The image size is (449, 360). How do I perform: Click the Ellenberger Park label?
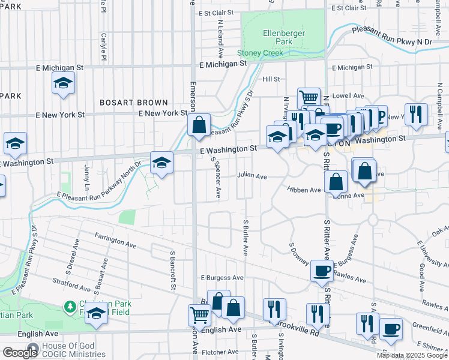[284, 37]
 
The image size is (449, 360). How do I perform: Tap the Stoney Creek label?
[260, 53]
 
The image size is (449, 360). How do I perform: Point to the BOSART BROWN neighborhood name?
[134, 103]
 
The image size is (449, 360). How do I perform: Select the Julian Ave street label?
[252, 176]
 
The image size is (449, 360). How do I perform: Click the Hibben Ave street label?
[304, 190]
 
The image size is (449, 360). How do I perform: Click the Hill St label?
[271, 79]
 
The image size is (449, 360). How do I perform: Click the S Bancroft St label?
[172, 270]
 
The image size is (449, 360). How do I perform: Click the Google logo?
[19, 353]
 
